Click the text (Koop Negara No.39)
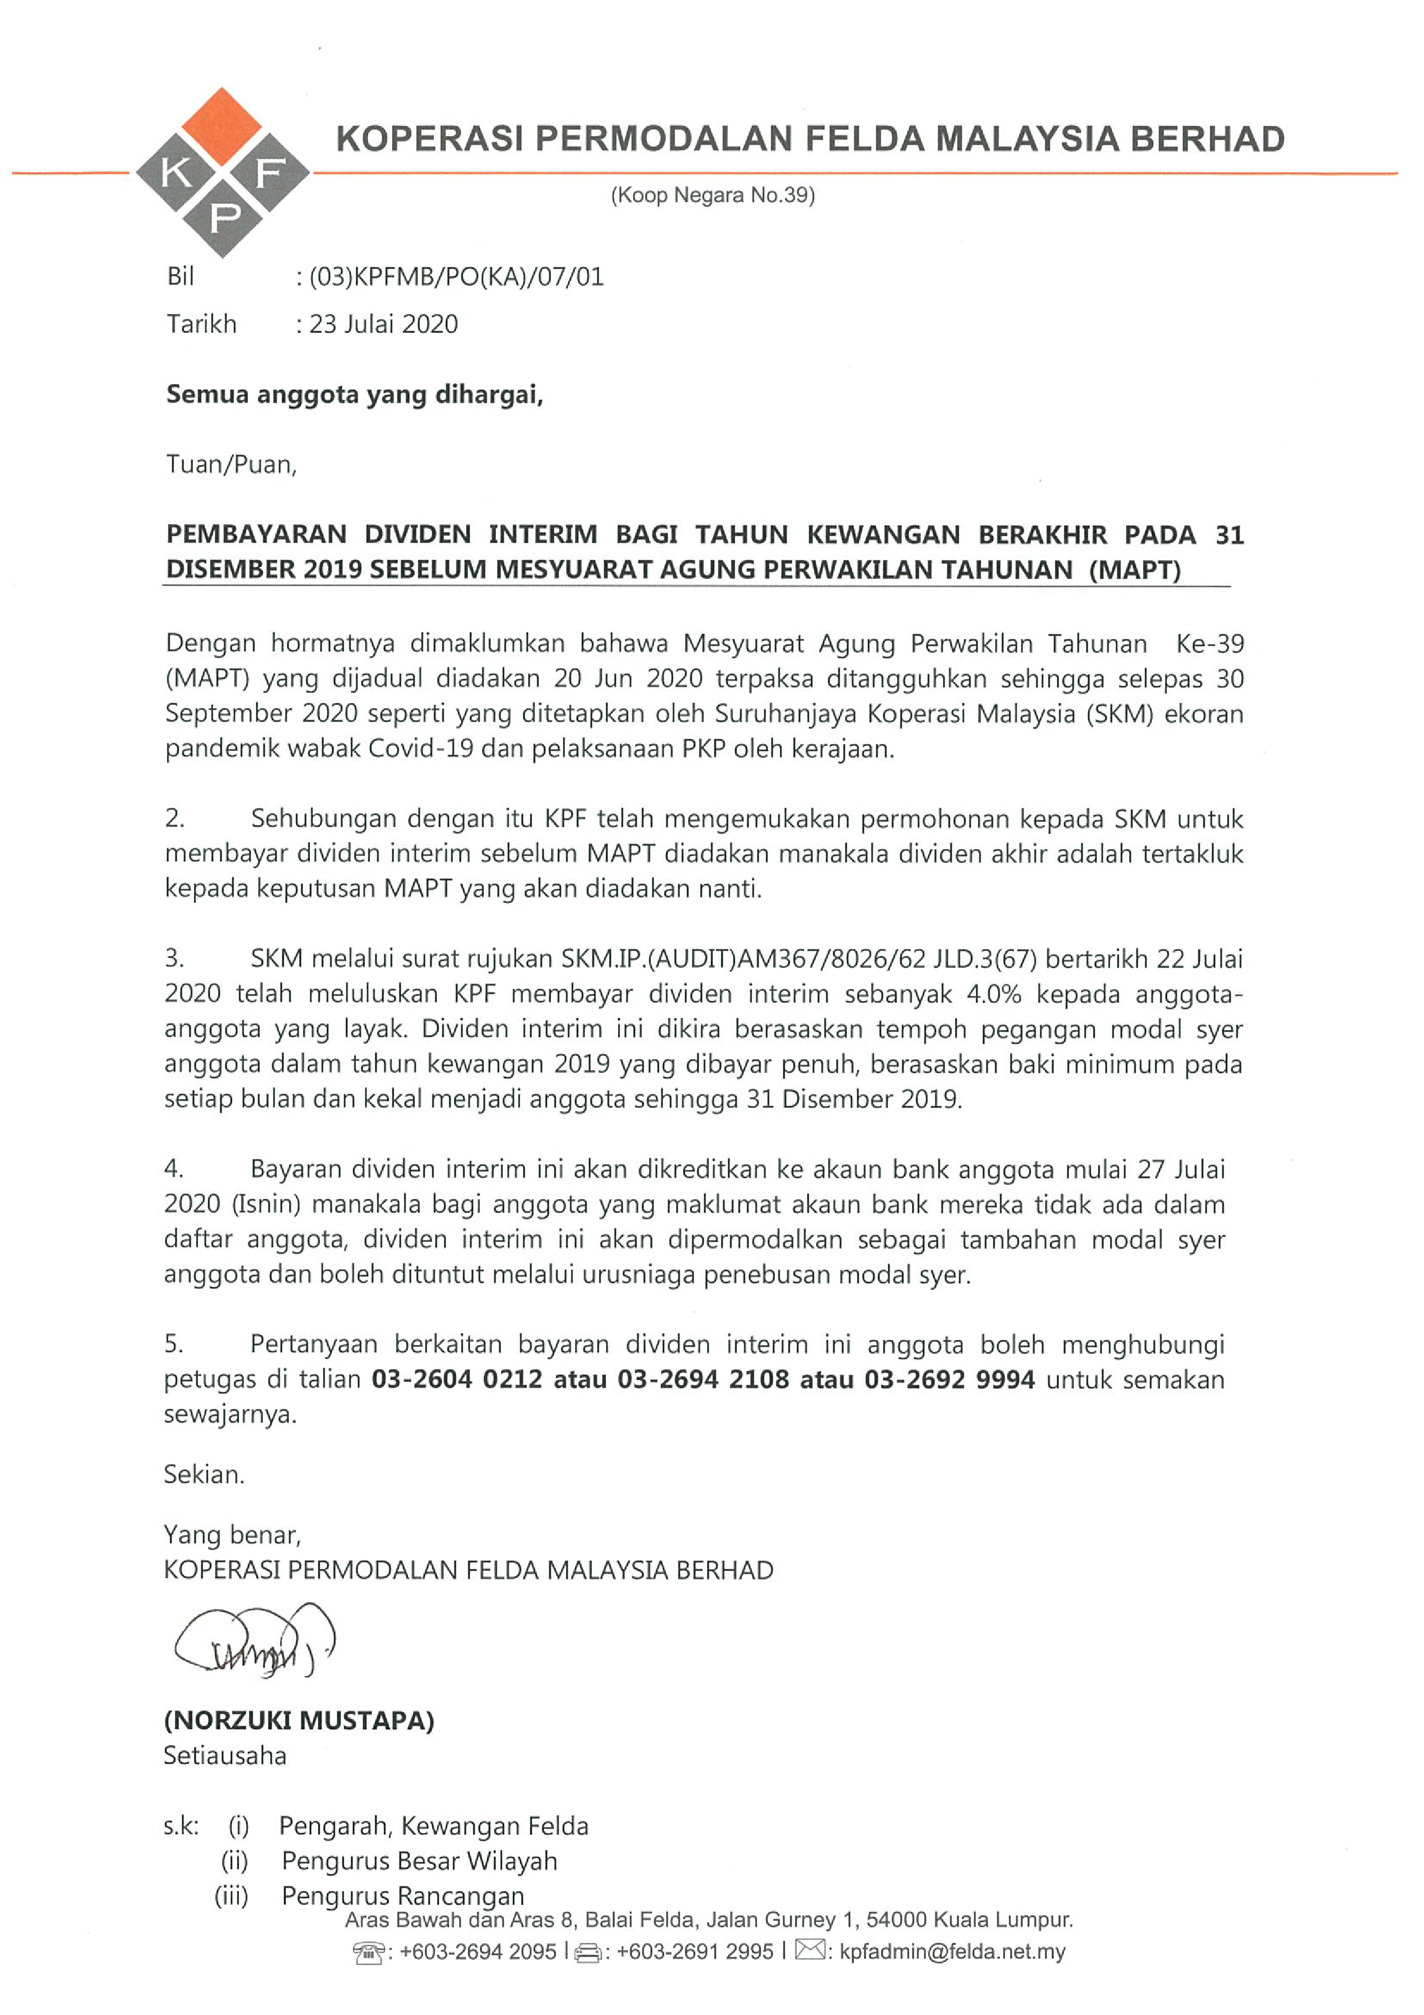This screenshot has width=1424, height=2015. pos(712,195)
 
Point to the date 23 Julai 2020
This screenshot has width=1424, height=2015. pos(383,325)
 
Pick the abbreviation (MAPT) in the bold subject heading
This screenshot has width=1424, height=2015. pos(1135,569)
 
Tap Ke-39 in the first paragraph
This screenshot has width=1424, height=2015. pos(1210,644)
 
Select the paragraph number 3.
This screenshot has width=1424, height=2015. pos(174,958)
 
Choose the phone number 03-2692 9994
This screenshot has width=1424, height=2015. pos(949,1379)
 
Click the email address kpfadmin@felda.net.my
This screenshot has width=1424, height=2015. pos(952,1952)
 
